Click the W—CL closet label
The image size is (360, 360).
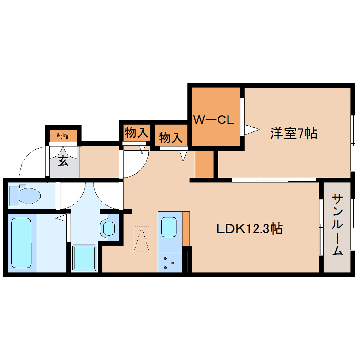pyautogui.click(x=214, y=120)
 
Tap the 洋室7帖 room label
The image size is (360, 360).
pyautogui.click(x=294, y=133)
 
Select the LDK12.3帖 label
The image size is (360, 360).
pyautogui.click(x=249, y=229)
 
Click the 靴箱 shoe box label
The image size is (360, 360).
pyautogui.click(x=63, y=136)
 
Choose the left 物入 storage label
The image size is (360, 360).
pyautogui.click(x=136, y=133)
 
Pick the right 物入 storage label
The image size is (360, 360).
pyautogui.click(x=171, y=137)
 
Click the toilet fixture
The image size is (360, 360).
pyautogui.click(x=25, y=195)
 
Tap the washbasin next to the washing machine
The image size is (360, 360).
pyautogui.click(x=108, y=228)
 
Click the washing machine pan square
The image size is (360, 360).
pyautogui.click(x=84, y=258)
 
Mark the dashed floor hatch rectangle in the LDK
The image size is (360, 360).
pyautogui.click(x=141, y=239)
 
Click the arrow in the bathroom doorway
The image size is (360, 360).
pyautogui.click(x=61, y=218)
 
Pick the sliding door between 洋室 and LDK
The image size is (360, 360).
pyautogui.click(x=274, y=180)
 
